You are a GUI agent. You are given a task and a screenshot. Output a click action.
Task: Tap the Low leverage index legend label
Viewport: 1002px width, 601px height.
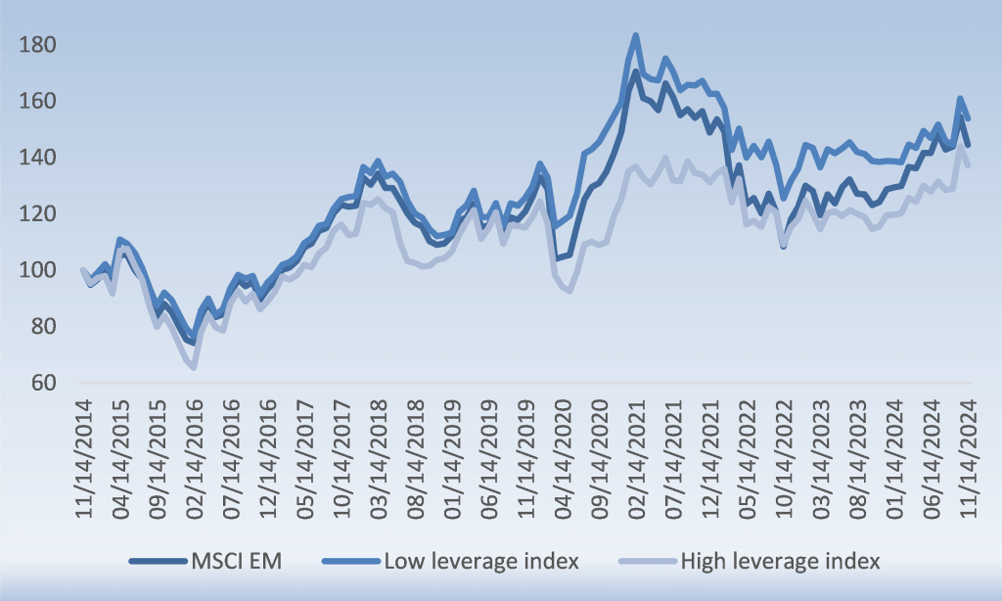coord(481,561)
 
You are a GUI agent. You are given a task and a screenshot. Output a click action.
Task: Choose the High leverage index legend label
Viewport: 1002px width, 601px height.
coord(780,561)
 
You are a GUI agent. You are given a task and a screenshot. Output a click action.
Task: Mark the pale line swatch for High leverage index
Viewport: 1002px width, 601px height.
coord(646,562)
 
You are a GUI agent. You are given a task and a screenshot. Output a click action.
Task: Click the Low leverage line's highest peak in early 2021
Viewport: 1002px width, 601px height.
coord(636,36)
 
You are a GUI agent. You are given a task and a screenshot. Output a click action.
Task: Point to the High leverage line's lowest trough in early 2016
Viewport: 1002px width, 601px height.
coord(194,367)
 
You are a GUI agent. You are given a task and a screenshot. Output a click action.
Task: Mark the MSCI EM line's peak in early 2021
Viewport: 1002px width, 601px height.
coord(636,71)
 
